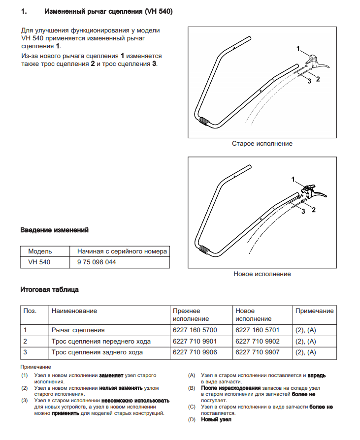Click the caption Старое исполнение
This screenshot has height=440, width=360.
tap(262, 144)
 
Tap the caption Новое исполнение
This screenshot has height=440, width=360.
tap(262, 274)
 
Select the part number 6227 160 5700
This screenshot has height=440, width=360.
tap(195, 330)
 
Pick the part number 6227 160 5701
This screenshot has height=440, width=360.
tap(258, 330)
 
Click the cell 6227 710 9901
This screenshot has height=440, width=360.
tap(195, 341)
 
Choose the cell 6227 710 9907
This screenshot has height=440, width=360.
tap(258, 352)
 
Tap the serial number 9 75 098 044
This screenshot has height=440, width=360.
tap(97, 262)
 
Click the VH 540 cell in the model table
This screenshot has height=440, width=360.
tap(39, 262)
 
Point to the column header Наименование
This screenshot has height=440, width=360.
tap(74, 311)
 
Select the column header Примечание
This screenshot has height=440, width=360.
tap(314, 311)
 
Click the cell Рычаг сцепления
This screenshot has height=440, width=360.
tap(78, 330)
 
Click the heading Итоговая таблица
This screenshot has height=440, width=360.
tap(49, 289)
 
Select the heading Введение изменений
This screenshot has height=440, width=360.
tap(54, 230)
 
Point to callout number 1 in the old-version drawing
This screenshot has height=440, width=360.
tap(298, 48)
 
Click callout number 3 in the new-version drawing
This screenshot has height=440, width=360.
tap(303, 211)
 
